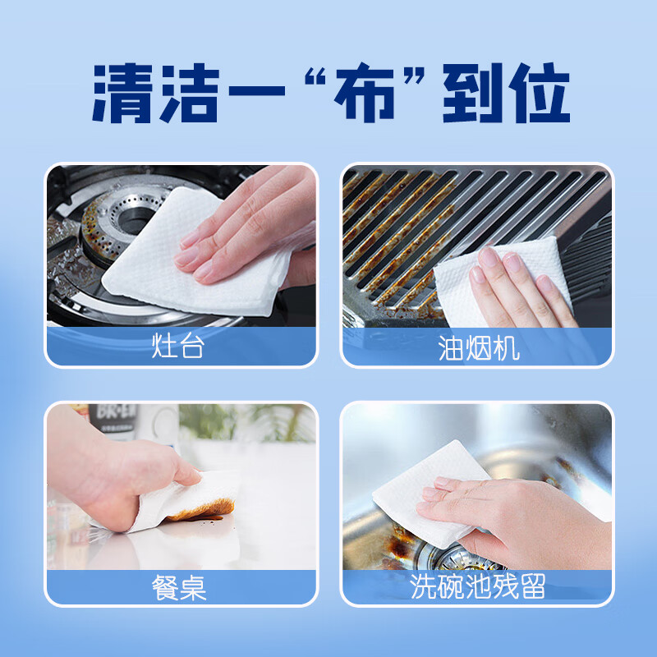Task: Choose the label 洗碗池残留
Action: [x=479, y=587]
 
